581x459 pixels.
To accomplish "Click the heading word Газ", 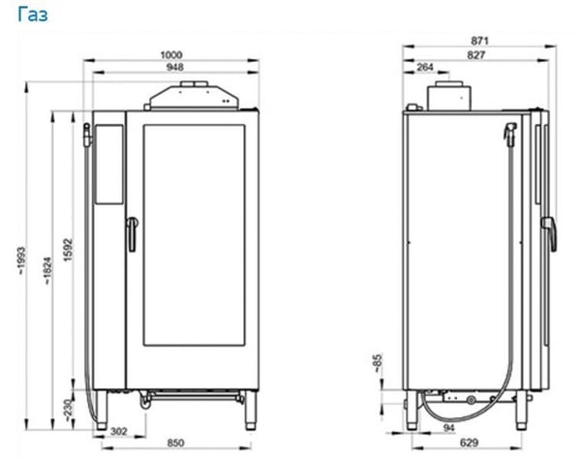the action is pyautogui.click(x=33, y=15).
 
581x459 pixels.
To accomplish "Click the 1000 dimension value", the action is pyautogui.click(x=170, y=55).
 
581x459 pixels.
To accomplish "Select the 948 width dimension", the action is pyautogui.click(x=175, y=67).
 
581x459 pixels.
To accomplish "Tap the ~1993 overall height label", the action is pyautogui.click(x=21, y=260).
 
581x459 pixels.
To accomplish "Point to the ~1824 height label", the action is pyautogui.click(x=47, y=271).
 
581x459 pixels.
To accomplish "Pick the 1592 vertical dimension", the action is pyautogui.click(x=68, y=250).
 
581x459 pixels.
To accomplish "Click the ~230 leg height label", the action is pyautogui.click(x=68, y=410).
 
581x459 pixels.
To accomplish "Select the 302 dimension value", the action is pyautogui.click(x=119, y=431).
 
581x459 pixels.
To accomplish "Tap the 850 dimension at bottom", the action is pyautogui.click(x=175, y=443).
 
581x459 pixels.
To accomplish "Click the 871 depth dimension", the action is pyautogui.click(x=479, y=41).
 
